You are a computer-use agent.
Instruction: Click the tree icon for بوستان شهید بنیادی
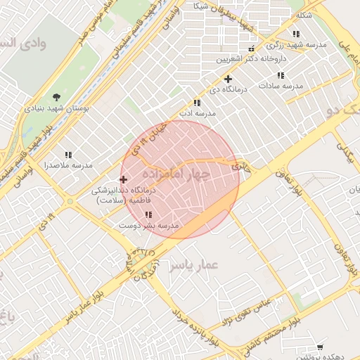pos(56,97)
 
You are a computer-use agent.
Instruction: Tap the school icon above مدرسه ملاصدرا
pos(68,155)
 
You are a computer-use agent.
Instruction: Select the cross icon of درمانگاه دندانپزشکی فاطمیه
pos(124,180)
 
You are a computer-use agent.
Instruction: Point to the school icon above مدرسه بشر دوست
pos(148,214)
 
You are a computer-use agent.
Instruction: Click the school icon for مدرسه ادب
pos(196,103)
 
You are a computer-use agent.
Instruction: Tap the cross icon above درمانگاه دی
pos(228,79)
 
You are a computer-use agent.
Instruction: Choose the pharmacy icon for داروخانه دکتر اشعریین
pos(270,48)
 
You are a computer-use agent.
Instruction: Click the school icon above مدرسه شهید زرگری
pos(296,34)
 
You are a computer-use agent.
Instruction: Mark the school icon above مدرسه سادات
pos(281,75)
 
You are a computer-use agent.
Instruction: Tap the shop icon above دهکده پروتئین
pos(321,347)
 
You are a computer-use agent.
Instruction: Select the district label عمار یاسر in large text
pos(194,265)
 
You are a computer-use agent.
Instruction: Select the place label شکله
pos(304,15)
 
